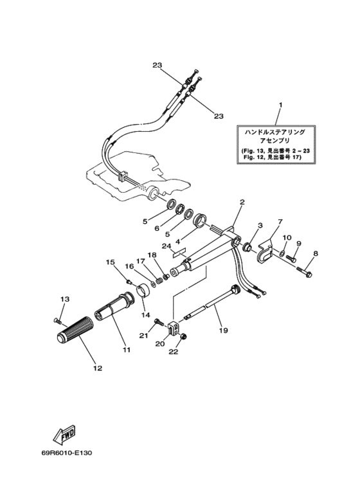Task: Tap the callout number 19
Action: click(x=224, y=330)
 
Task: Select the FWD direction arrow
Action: click(x=65, y=433)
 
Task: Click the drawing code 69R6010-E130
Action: click(x=66, y=453)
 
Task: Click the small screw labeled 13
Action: click(x=57, y=321)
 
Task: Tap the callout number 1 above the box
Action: click(x=280, y=104)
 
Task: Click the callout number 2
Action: click(x=242, y=202)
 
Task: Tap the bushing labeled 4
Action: click(x=201, y=219)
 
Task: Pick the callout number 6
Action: click(x=157, y=228)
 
